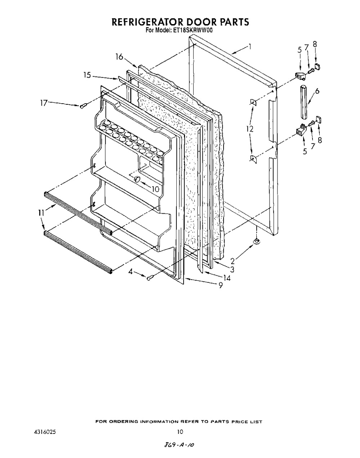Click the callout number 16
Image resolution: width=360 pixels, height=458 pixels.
(119, 57)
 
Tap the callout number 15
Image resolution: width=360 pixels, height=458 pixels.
(87, 75)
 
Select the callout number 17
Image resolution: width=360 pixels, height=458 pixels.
(44, 103)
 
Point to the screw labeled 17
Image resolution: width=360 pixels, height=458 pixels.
(83, 106)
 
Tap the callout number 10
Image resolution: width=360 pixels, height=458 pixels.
(156, 189)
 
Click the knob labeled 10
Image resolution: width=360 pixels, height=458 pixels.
(137, 179)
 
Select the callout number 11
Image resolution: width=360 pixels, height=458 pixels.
(41, 213)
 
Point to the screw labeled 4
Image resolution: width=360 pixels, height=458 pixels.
(149, 278)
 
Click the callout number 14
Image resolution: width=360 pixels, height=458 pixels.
(227, 278)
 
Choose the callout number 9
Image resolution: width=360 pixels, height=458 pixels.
(221, 285)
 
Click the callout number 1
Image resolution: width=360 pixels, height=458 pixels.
(250, 46)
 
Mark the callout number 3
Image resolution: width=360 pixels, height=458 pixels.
(232, 269)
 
